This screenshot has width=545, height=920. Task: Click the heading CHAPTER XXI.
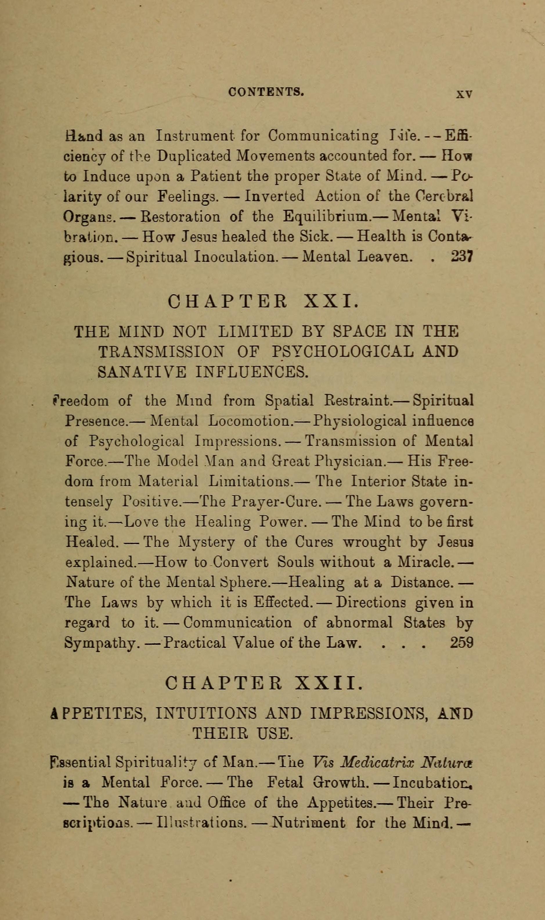[261, 302]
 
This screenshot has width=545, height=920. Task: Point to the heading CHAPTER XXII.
[264, 684]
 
